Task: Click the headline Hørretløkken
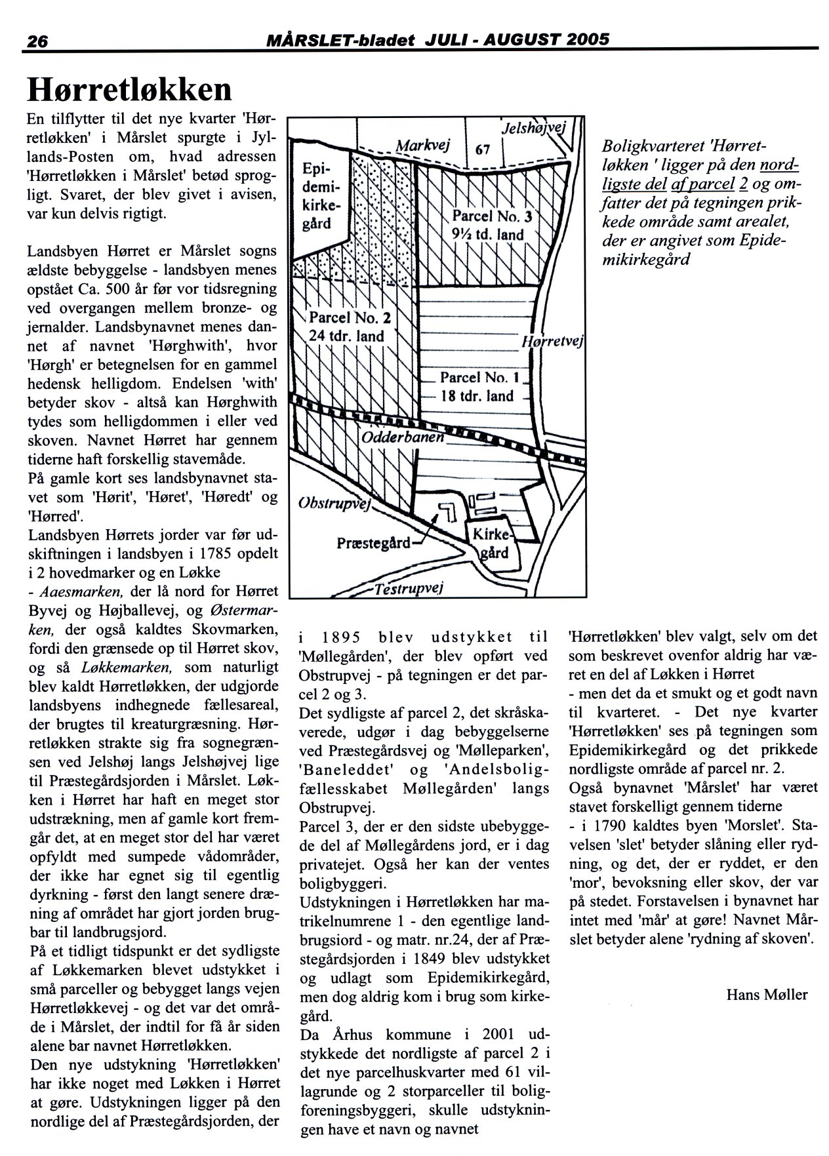point(130,90)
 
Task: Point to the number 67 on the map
point(483,149)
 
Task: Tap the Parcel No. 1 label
point(479,387)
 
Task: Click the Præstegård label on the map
point(373,543)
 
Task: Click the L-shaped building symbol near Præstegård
point(449,511)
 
